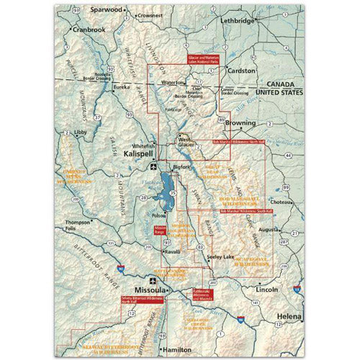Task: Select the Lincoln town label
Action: pyautogui.click(x=266, y=289)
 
